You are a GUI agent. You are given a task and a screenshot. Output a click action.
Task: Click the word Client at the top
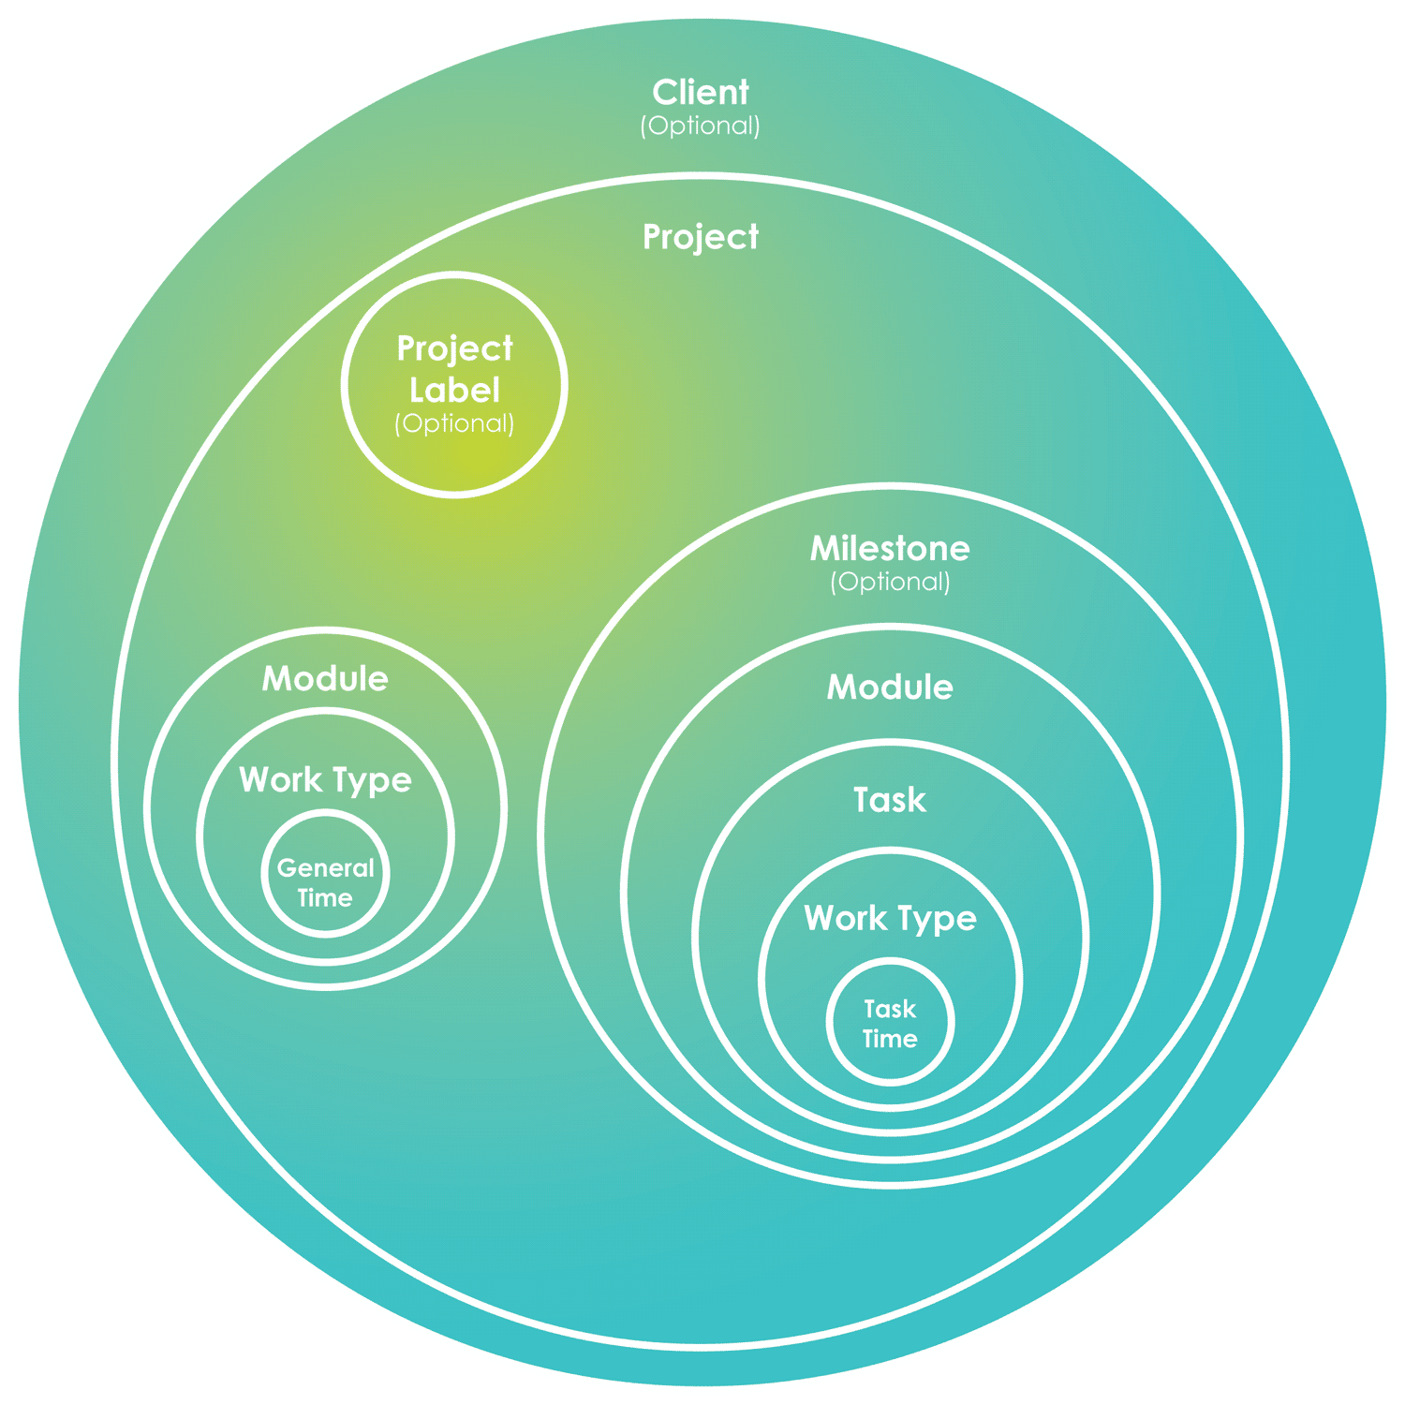701,93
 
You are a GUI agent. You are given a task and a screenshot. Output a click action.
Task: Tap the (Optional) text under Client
701,126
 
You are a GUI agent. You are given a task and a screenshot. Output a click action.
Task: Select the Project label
701,237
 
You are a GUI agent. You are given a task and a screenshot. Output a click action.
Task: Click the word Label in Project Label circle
455,390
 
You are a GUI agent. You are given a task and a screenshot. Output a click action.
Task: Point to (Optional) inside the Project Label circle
455,423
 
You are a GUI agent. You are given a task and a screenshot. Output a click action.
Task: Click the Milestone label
890,548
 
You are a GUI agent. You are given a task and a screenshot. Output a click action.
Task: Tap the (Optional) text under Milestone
890,582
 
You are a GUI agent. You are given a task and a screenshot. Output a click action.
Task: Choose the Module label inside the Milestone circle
890,688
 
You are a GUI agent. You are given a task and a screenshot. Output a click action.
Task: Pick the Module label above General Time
325,679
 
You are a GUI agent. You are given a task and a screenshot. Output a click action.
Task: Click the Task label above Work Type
890,800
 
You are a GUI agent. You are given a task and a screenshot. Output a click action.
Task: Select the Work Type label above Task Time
890,918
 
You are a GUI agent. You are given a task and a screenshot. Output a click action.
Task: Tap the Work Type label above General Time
325,780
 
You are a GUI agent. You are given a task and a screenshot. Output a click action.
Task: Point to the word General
325,868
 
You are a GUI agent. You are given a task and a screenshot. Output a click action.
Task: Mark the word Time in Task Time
890,1039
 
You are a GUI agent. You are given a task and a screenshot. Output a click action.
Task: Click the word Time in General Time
325,898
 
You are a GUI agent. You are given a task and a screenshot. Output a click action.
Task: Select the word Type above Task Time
933,919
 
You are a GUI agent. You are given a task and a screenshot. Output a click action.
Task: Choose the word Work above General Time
280,780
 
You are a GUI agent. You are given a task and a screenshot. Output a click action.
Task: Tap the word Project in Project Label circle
455,349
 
